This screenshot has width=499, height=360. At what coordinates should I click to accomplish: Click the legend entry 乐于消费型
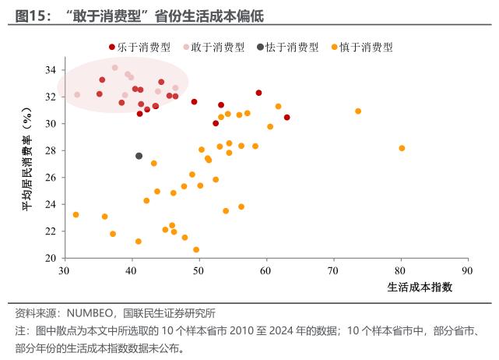coord(144,48)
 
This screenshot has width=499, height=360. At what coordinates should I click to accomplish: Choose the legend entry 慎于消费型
coord(366,48)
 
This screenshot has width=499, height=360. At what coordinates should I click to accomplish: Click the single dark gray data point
coord(139,156)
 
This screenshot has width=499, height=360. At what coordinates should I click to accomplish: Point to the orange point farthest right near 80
coord(402,148)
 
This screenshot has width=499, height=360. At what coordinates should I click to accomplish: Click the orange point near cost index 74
coord(358,111)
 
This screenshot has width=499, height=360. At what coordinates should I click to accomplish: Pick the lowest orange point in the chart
coord(196,250)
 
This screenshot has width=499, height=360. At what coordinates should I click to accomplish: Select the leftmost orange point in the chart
coord(76,214)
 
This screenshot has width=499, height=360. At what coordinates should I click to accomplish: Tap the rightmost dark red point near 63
coord(287,118)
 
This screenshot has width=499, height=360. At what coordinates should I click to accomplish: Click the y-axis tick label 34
coord(49,70)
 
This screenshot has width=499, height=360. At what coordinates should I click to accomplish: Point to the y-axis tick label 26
coord(49,178)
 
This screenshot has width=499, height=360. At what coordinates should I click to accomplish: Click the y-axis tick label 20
coord(49,258)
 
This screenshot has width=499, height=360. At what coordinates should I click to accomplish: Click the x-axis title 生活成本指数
coord(420,287)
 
